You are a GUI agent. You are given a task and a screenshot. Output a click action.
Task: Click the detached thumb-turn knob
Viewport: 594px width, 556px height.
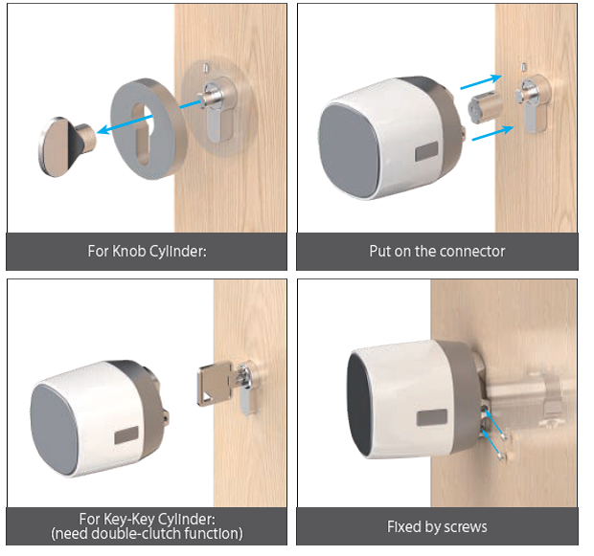[x=65, y=146]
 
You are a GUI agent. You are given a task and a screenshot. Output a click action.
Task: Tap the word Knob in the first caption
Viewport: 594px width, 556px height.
[x=128, y=252]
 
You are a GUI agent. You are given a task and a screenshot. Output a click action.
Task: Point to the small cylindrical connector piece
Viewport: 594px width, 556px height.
[x=486, y=107]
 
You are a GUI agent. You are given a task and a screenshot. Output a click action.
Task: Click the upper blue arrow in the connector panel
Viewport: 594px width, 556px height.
[x=481, y=81]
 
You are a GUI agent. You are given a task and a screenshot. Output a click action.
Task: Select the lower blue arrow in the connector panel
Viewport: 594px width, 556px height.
[x=492, y=133]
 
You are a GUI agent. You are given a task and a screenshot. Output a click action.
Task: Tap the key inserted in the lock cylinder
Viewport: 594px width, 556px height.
[x=215, y=384]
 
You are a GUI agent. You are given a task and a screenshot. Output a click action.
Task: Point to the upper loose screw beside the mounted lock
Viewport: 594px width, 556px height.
[x=504, y=437]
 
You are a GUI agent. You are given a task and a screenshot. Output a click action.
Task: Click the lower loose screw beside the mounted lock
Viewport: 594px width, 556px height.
[x=502, y=456]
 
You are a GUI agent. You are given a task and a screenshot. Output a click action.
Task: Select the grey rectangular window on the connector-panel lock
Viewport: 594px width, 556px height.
[x=427, y=151]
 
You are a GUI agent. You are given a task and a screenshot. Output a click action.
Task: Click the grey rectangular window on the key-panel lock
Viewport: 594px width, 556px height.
[x=126, y=435]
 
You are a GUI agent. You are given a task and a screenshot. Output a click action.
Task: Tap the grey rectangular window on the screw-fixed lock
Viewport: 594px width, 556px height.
[x=431, y=418]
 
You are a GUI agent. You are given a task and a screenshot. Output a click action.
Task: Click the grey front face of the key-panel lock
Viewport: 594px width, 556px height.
[x=54, y=430]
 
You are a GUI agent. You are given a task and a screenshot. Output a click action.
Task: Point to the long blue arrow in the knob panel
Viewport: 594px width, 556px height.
[x=149, y=116]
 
